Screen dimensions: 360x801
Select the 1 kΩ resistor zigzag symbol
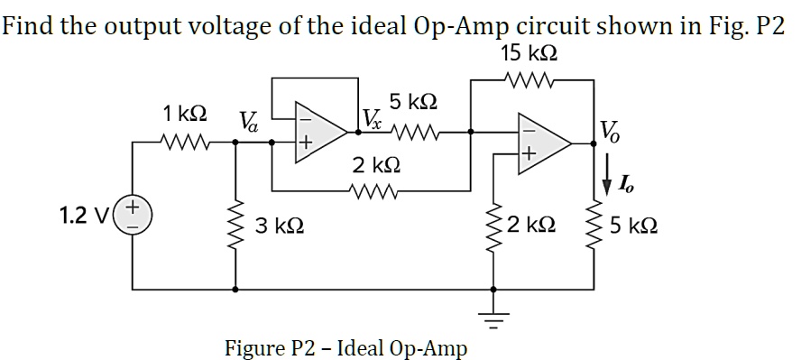click(x=183, y=141)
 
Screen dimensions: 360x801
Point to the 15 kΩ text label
click(x=529, y=52)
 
